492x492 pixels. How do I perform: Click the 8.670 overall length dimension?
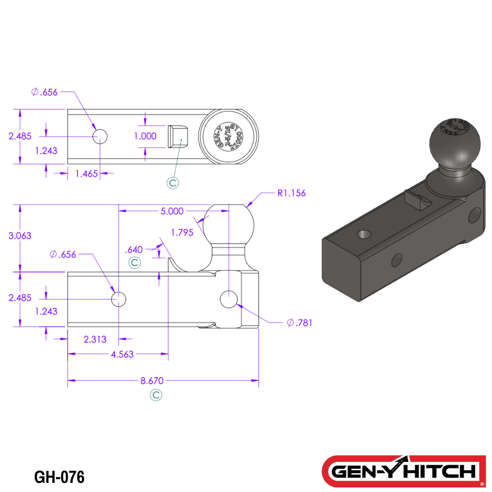pos(152,380)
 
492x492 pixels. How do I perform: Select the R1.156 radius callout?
pos(292,193)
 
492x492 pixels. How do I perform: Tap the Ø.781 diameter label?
pos(299,323)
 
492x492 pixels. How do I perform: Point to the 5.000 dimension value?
pos(172,211)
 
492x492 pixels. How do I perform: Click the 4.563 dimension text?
pos(122,354)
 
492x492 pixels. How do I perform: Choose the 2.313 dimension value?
pos(95,339)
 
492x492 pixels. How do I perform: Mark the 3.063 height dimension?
pos(20,236)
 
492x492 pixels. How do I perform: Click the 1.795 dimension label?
pos(182,232)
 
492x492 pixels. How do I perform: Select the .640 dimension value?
pos(133,249)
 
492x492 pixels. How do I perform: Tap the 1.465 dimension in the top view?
pos(87,174)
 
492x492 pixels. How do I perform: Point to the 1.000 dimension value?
pos(145,136)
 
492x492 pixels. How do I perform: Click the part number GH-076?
pos(59,477)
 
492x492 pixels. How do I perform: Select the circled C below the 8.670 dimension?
pos(156,395)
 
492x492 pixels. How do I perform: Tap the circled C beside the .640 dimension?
pos(134,263)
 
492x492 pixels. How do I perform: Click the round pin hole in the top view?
pos(100,136)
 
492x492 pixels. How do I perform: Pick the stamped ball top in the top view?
pos(228,137)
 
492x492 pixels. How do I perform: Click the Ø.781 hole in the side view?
pos(228,299)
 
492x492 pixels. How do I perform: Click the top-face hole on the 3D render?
pos(364,234)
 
